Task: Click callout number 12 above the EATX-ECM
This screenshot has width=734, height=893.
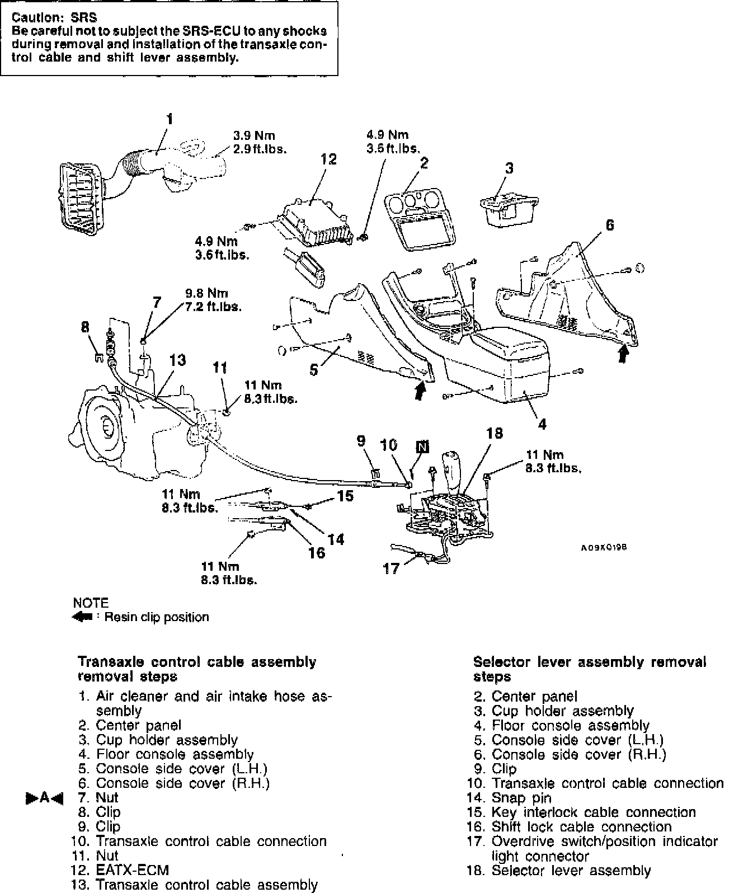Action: [x=328, y=159]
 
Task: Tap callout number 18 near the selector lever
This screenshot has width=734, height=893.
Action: [x=495, y=434]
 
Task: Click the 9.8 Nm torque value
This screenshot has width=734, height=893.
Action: [x=206, y=293]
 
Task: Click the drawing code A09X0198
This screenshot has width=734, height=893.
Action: [x=604, y=548]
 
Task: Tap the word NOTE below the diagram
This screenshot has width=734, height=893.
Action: [x=91, y=603]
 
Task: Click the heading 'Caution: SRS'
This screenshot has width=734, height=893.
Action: [x=54, y=18]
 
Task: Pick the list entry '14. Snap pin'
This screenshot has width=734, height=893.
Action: [x=510, y=798]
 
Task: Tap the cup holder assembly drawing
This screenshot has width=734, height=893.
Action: [x=509, y=207]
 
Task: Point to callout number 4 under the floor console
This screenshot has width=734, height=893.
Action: [x=542, y=425]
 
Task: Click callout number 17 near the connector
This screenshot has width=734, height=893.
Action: [x=391, y=568]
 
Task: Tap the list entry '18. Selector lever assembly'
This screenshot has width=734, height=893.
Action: [x=559, y=870]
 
